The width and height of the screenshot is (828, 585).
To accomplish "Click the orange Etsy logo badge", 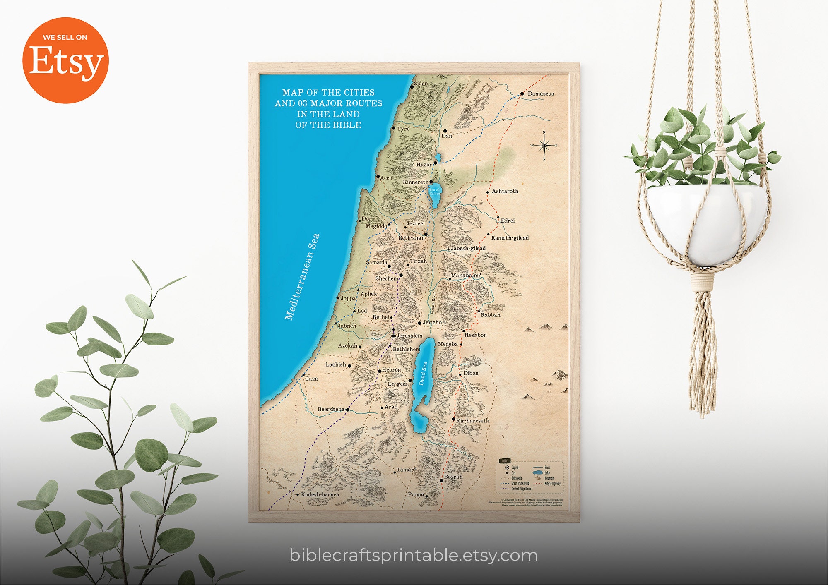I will click(65, 60).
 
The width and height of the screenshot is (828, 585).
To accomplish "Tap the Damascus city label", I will click(540, 94).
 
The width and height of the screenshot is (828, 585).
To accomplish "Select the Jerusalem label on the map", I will click(409, 336).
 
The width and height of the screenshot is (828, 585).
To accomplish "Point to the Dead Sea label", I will click(423, 374).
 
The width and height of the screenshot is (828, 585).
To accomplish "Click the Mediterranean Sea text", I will click(303, 277).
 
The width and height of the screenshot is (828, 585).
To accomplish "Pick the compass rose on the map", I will click(544, 145).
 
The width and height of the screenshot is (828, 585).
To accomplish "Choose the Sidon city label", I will click(421, 83).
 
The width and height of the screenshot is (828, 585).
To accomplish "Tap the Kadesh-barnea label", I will click(320, 494).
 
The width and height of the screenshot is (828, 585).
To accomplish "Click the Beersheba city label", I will click(331, 409).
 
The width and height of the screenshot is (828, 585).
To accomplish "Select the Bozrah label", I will click(453, 477).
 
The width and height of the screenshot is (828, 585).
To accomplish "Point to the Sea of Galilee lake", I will click(435, 195).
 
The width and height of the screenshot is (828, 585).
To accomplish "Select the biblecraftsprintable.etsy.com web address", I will click(414, 555).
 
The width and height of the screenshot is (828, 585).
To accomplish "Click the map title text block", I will click(328, 108).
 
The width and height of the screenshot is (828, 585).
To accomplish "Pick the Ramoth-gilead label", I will click(510, 238).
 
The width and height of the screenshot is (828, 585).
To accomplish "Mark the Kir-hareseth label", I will click(472, 420).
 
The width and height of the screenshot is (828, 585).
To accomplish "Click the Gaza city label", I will click(311, 379).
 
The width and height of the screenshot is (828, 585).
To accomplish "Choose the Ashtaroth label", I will click(505, 191).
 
